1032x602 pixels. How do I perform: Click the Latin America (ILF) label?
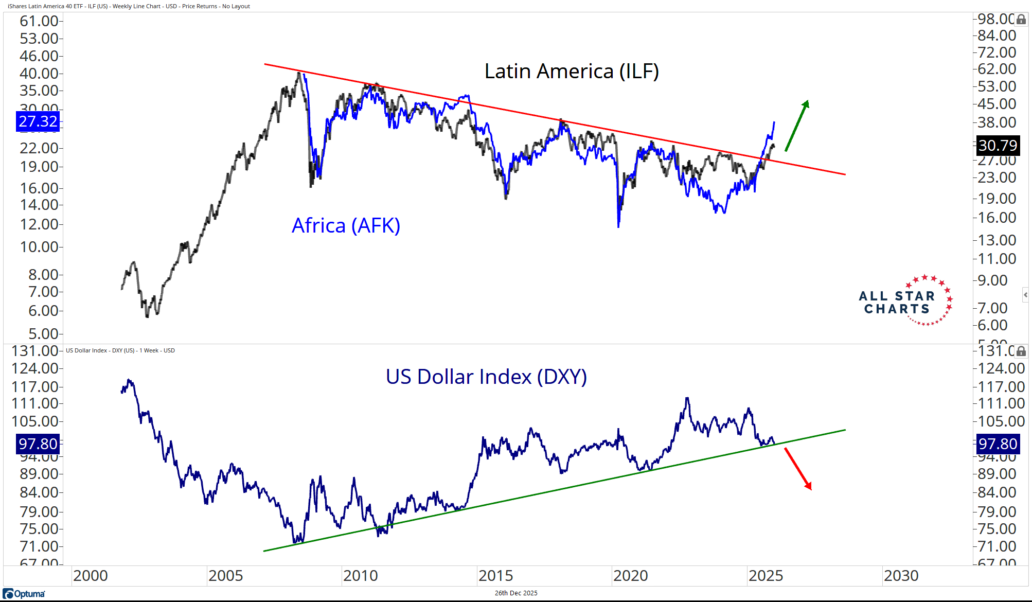point(571,72)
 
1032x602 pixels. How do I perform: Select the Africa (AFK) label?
point(346,226)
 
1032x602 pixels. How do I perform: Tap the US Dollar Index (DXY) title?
point(486,377)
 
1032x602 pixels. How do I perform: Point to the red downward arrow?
point(798,469)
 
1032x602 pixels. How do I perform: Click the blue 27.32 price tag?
point(38,121)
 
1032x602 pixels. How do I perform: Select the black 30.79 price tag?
point(998,146)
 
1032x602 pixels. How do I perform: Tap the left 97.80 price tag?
point(38,444)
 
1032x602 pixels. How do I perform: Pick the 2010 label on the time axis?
point(360,576)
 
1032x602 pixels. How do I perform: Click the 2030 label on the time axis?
point(901,576)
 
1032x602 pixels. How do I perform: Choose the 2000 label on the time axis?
point(91,576)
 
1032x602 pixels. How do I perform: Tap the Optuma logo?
point(25,594)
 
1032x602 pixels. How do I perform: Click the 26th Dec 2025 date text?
point(516,593)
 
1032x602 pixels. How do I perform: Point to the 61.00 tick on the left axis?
point(39,21)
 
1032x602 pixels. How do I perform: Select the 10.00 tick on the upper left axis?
point(39,247)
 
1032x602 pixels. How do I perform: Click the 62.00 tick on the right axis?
point(997,69)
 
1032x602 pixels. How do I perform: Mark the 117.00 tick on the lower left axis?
point(35,387)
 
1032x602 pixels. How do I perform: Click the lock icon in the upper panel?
point(1021,20)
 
